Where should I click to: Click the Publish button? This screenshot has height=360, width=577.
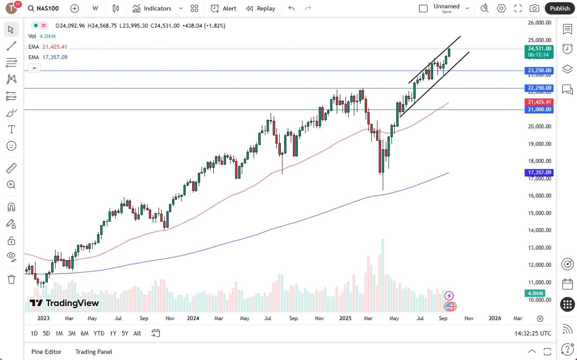(x=560, y=8)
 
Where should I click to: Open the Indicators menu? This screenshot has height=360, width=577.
(x=152, y=8)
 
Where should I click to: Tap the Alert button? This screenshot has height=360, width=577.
(x=224, y=8)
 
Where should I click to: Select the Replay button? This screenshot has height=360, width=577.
(x=261, y=8)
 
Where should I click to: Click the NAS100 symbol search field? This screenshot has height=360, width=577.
(x=45, y=8)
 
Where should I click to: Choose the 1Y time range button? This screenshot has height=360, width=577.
(x=113, y=333)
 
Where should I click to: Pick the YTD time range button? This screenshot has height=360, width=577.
(x=98, y=333)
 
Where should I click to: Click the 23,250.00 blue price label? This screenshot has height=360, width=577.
(x=540, y=71)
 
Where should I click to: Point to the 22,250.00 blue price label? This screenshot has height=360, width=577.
(x=540, y=88)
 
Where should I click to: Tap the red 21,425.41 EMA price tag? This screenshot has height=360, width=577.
(x=540, y=102)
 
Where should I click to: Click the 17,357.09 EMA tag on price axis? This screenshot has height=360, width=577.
(x=540, y=172)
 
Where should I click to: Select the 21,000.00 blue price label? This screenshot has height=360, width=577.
(x=540, y=110)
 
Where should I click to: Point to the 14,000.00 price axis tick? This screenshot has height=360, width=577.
(x=540, y=230)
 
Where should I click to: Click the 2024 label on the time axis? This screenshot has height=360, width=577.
(x=193, y=318)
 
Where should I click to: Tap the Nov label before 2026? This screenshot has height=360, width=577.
(x=469, y=318)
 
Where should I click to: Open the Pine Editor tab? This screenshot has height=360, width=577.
(x=46, y=352)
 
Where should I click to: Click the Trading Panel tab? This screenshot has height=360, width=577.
(x=94, y=352)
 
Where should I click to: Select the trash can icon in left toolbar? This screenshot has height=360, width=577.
(x=12, y=279)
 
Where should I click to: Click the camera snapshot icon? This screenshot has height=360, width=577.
(x=534, y=8)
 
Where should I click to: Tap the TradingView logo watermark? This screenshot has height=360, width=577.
(x=64, y=303)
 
